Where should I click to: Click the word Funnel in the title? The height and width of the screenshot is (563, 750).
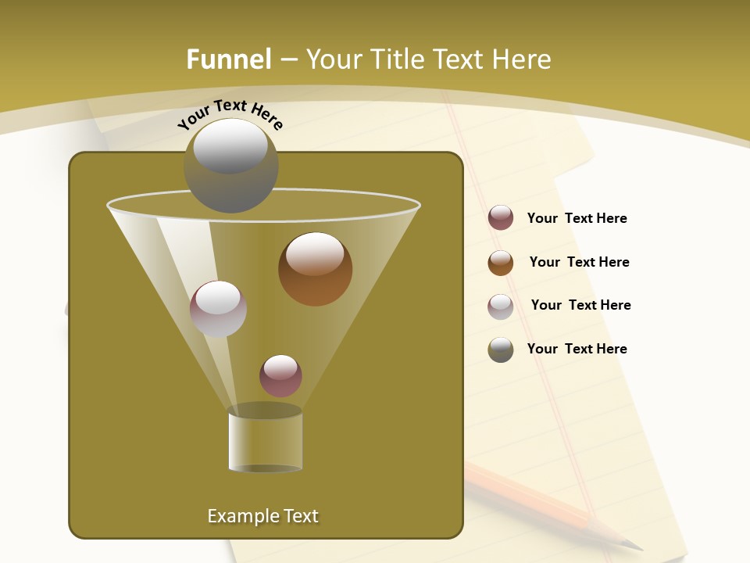point(228,59)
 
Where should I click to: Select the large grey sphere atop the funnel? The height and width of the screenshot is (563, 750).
point(230,166)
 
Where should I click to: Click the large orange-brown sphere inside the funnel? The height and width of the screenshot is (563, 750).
point(315,269)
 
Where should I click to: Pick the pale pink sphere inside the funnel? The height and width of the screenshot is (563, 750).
point(218,309)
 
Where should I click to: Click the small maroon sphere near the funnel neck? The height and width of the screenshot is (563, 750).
point(280,376)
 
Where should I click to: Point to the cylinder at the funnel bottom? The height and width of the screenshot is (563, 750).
point(265,440)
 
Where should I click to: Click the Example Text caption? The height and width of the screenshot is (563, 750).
point(262,516)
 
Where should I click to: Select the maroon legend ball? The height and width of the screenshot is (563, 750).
point(501,218)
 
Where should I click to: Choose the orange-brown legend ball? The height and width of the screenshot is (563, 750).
point(501,263)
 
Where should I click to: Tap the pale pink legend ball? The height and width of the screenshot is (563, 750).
point(501,307)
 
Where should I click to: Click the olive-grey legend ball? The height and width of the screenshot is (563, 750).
point(501,350)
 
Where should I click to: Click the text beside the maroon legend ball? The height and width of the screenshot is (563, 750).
point(577,219)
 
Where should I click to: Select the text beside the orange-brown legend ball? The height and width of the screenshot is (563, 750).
point(579,263)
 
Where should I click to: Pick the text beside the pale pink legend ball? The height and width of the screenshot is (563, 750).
point(580,306)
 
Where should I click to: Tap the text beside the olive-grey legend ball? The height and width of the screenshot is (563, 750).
point(577,350)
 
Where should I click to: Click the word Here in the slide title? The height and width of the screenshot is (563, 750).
point(523,59)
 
